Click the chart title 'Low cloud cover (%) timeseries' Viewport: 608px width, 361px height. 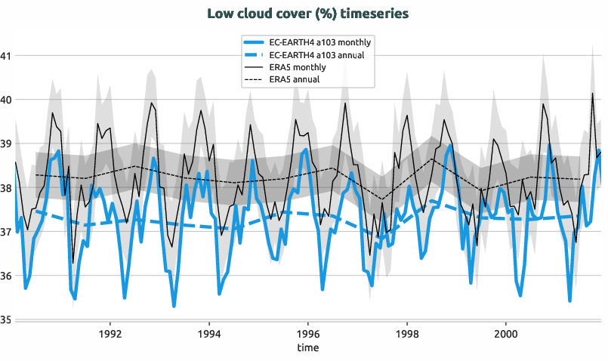coord(304,14)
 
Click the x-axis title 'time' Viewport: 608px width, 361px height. coord(307,347)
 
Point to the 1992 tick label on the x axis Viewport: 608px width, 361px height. coord(110,333)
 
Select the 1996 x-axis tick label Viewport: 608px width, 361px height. coord(307,333)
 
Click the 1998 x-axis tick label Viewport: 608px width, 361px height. coord(406,333)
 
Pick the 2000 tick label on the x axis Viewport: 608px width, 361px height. coord(505,333)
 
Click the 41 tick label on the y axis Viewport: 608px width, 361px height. coord(5,55)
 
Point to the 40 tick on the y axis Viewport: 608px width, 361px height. coord(5,100)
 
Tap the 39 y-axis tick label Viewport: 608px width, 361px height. coord(5,143)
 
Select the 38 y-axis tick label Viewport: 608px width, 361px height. coord(5,187)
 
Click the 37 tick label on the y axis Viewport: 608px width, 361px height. coord(5,232)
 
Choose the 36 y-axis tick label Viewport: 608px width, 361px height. coord(5,276)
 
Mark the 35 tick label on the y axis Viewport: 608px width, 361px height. coord(5,319)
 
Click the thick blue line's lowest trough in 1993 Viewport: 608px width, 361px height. coord(174,306)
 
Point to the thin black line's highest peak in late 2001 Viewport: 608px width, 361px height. coord(593,94)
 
